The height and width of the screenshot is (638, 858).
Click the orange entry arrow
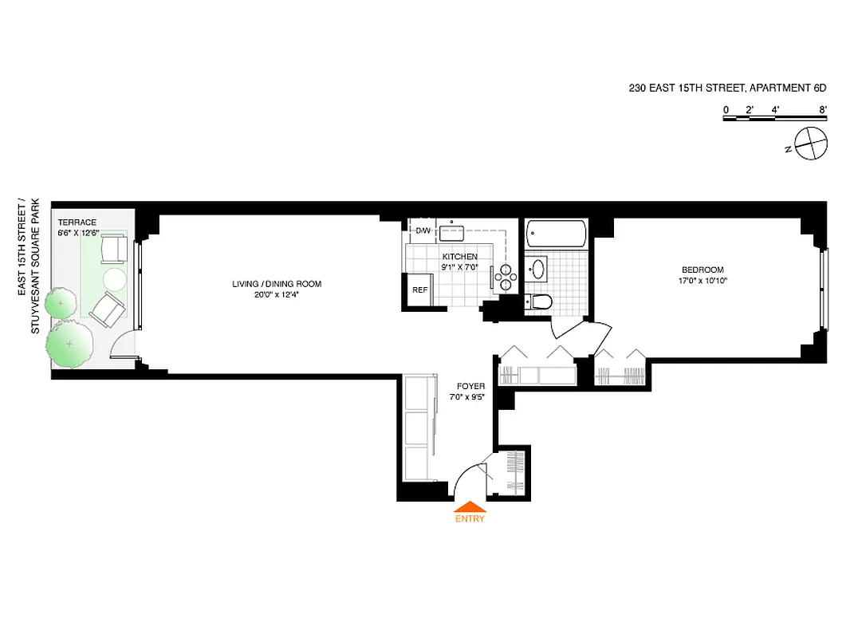[x=470, y=506]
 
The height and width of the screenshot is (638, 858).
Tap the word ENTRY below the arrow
[x=470, y=518]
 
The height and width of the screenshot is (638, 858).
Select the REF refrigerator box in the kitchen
[x=419, y=289]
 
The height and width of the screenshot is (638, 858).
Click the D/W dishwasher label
[x=423, y=230]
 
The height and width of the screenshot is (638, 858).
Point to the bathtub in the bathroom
[x=557, y=234]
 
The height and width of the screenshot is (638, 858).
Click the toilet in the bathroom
[x=540, y=301]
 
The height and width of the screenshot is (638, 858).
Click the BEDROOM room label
[x=703, y=269]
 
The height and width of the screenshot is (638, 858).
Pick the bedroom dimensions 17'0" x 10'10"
[x=703, y=280]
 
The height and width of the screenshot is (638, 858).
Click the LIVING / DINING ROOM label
[x=276, y=284]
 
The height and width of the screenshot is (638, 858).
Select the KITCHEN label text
[x=460, y=257]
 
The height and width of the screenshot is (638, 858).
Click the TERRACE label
[x=77, y=223]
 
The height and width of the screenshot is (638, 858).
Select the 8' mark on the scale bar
[x=822, y=109]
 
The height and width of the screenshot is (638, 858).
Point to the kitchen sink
[x=453, y=231]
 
